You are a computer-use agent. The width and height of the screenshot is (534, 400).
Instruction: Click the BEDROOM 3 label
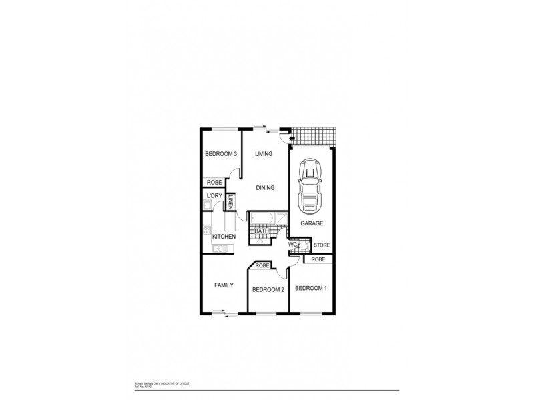tap(220, 154)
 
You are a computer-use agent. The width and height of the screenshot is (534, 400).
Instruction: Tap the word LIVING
tap(264, 154)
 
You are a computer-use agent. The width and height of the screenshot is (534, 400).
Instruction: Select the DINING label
tap(264, 188)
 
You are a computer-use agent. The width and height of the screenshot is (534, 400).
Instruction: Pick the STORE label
tap(322, 245)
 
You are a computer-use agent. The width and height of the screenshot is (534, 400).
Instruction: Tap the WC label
tap(292, 245)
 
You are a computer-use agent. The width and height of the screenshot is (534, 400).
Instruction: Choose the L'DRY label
tap(214, 195)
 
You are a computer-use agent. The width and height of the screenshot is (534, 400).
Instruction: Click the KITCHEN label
tap(224, 237)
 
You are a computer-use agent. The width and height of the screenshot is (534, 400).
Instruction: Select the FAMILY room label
tap(224, 285)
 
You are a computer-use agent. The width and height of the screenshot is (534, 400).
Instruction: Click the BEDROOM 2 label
tap(268, 289)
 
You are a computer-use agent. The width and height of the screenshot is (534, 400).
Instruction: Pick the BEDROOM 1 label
tap(311, 288)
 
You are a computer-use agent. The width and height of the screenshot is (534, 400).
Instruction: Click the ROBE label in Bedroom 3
tap(214, 182)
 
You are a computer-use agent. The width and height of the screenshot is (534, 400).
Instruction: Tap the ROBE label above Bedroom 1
tap(318, 259)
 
